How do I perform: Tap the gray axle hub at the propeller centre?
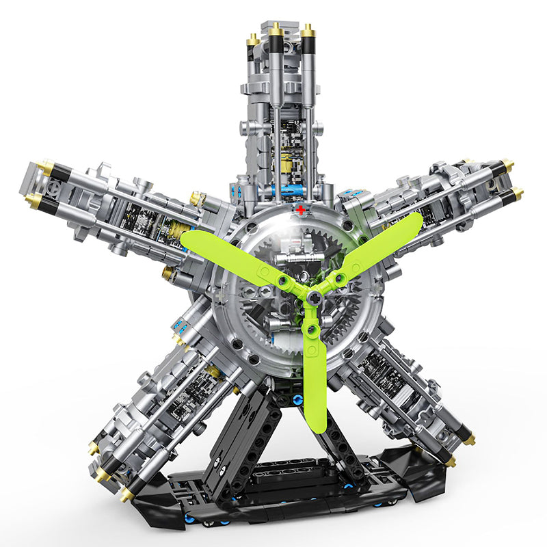click(x=312, y=297)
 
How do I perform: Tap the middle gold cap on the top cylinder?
click(x=276, y=29)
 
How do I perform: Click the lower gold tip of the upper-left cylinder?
click(x=32, y=200)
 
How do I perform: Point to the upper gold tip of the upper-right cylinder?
click(x=507, y=165)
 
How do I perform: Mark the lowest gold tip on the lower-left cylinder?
click(x=126, y=494)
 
